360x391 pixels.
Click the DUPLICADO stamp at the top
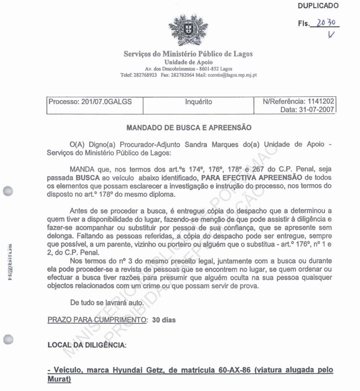click(x=318, y=6)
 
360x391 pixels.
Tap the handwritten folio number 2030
click(x=327, y=22)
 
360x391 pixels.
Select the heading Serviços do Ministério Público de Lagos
click(x=188, y=54)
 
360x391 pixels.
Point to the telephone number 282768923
click(x=145, y=75)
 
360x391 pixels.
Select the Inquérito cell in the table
click(x=198, y=102)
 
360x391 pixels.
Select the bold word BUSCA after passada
click(x=87, y=178)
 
